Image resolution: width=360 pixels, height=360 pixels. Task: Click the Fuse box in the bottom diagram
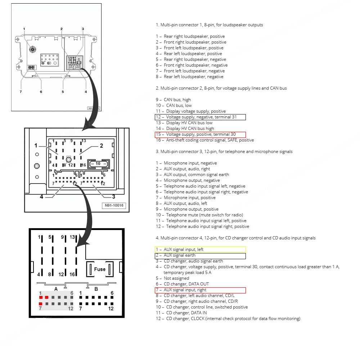coord(100,269)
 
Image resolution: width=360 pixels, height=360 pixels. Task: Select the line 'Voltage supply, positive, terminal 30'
coord(200,135)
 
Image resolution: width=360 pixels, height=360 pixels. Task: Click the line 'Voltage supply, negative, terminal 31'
coord(200,117)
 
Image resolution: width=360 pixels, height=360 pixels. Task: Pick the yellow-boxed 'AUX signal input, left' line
coord(200,249)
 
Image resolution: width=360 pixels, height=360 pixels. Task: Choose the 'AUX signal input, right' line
coord(200,290)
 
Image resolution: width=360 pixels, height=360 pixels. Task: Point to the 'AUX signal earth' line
coord(200,256)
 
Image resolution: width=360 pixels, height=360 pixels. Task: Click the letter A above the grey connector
coord(56,289)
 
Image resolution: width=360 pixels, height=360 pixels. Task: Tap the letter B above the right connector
coord(96,289)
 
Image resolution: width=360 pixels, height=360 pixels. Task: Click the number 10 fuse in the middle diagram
coord(98,164)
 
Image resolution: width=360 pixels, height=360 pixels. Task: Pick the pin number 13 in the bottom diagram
coord(72,237)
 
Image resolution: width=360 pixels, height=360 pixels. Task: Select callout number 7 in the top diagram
coord(21,91)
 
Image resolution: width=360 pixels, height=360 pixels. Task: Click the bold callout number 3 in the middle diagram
coord(113,197)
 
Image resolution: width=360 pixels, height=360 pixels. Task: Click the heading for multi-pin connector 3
coord(224,152)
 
